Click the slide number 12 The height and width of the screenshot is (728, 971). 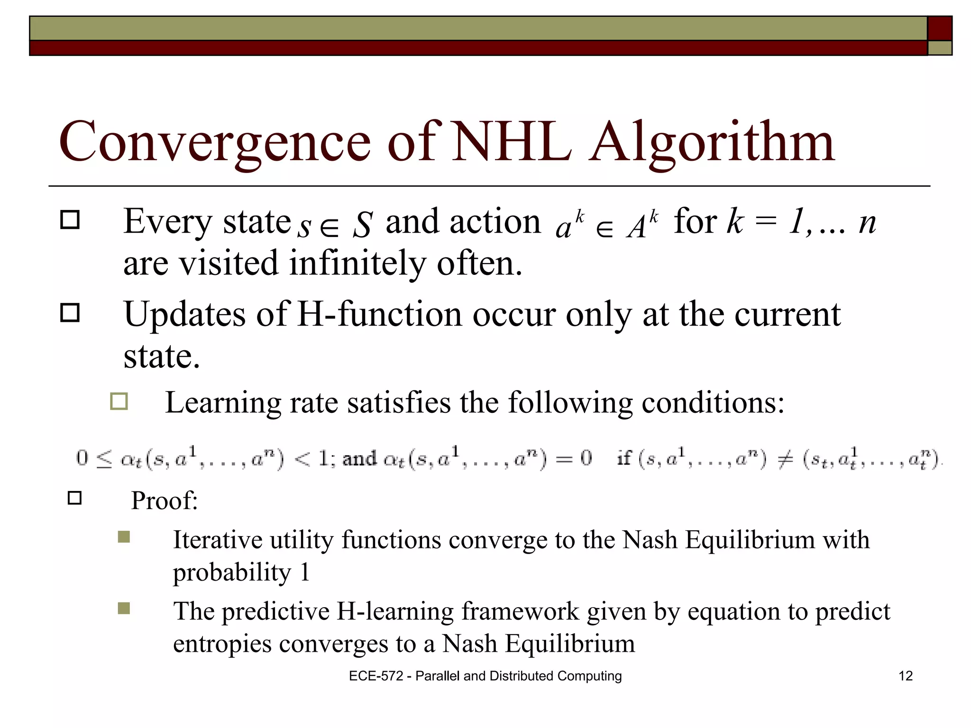pos(905,676)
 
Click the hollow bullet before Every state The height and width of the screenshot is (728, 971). pos(70,220)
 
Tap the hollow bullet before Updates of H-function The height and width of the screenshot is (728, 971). pos(70,313)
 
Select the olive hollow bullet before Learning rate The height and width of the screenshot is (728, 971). pos(119,401)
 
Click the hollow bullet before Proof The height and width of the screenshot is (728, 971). pos(75,498)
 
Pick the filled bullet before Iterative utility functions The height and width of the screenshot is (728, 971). pos(124,537)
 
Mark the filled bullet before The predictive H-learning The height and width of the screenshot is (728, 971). pos(124,608)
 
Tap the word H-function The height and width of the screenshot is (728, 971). pos(379,314)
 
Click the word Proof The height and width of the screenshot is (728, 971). pos(164,500)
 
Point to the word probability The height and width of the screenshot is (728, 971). pos(231,573)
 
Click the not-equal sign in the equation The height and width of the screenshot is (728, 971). pos(785,459)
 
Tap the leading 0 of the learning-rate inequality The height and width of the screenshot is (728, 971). pos(82,458)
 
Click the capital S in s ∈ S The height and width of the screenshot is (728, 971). pos(363,225)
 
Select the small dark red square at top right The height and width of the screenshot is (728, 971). pos(939,28)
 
